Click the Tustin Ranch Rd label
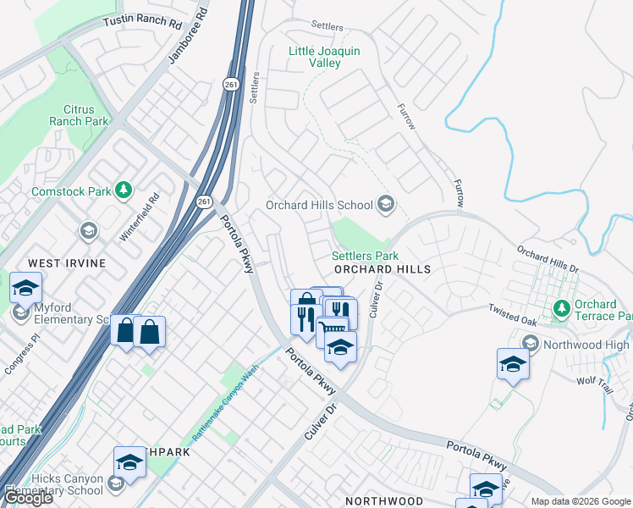click(141, 20)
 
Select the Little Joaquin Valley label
click(324, 57)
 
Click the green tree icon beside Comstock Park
click(124, 190)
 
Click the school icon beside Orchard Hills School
click(386, 204)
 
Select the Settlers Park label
click(365, 256)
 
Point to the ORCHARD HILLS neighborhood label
click(383, 269)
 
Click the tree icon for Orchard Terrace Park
click(559, 306)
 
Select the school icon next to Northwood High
click(531, 343)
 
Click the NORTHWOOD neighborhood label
click(383, 501)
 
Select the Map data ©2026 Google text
click(580, 501)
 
